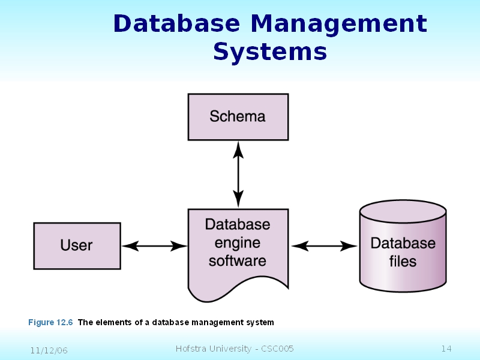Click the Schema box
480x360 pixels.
click(x=238, y=116)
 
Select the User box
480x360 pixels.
click(x=77, y=245)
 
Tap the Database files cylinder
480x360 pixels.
click(x=403, y=252)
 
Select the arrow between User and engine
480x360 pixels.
click(x=154, y=245)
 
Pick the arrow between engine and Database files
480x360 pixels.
click(x=324, y=245)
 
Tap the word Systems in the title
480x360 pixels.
click(x=270, y=52)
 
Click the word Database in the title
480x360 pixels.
click(x=169, y=24)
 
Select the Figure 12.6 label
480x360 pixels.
click(x=50, y=322)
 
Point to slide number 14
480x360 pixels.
click(x=446, y=349)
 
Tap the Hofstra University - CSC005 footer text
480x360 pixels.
click(x=235, y=349)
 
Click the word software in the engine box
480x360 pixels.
click(x=238, y=261)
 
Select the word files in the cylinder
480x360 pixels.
click(x=403, y=262)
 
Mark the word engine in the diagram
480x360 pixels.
click(x=238, y=243)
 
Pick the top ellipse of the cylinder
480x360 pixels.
click(x=403, y=212)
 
